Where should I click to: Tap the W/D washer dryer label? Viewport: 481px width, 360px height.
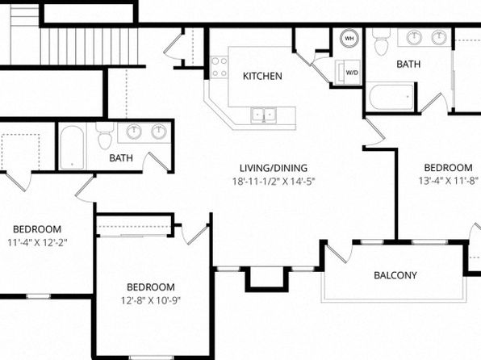click(352, 73)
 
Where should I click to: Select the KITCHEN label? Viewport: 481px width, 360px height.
click(262, 76)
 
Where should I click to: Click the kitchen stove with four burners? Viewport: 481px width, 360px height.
click(220, 67)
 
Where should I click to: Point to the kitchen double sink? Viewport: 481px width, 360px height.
click(264, 115)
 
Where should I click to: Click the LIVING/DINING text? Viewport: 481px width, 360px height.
click(274, 168)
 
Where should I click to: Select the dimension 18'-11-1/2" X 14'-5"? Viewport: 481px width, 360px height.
click(274, 182)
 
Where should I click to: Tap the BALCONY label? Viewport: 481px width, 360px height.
click(395, 275)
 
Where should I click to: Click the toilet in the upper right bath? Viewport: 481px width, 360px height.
click(382, 42)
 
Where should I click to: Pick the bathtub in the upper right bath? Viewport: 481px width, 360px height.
click(391, 97)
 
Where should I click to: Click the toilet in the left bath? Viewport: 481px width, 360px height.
click(105, 136)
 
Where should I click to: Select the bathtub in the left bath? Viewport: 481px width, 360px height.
click(72, 148)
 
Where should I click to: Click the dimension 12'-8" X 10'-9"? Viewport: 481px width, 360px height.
click(151, 300)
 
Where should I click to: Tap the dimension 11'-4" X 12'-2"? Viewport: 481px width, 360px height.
click(37, 243)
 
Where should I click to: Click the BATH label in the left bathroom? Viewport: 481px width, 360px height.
click(121, 158)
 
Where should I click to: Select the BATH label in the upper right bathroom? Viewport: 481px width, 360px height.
click(408, 65)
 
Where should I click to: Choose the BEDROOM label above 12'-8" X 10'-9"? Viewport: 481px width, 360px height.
click(151, 287)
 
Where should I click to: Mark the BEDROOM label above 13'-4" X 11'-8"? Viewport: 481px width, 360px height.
click(448, 168)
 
